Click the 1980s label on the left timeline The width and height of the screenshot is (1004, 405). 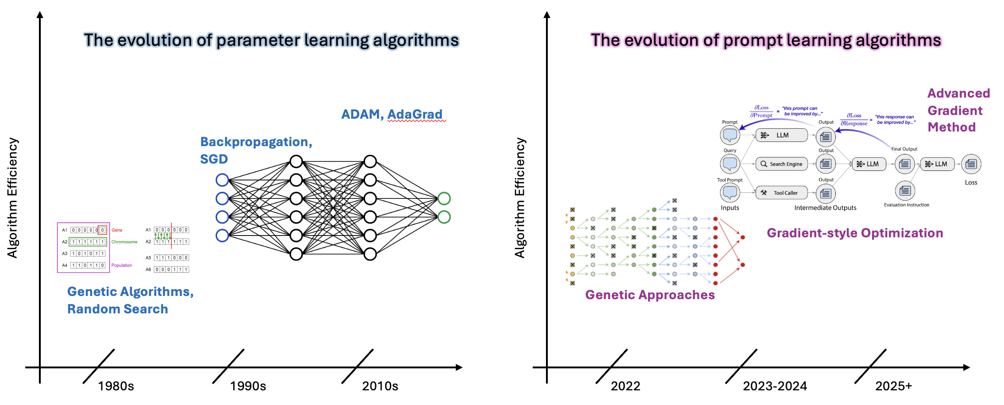116,386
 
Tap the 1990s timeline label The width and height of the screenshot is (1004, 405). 248,386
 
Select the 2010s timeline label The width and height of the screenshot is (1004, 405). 380,386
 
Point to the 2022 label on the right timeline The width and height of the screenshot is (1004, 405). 625,386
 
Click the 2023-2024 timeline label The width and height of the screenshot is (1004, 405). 775,386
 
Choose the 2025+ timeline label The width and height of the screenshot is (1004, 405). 894,386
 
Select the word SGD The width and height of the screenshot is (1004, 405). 214,159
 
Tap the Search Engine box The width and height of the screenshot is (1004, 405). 782,164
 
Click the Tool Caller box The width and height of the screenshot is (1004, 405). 782,193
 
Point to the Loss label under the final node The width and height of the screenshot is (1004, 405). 971,182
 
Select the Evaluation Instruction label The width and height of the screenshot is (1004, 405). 906,205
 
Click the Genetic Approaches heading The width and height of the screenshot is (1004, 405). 650,295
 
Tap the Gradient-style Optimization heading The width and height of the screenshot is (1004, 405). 855,233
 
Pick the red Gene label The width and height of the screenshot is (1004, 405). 117,230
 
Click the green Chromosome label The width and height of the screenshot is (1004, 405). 124,242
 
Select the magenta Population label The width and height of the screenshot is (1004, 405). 121,265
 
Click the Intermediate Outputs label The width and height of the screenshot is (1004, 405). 825,208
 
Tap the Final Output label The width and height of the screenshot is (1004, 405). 904,149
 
